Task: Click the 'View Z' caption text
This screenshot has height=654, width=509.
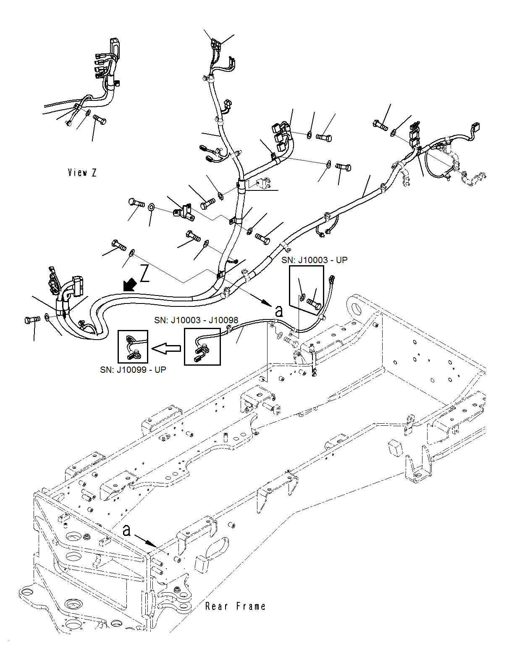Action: click(x=82, y=172)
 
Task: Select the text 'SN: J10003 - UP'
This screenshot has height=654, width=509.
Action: click(x=314, y=260)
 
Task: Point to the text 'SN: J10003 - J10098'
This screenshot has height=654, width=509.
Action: click(x=196, y=320)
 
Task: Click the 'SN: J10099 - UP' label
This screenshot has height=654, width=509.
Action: click(x=133, y=369)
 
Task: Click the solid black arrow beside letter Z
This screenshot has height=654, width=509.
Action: click(x=130, y=285)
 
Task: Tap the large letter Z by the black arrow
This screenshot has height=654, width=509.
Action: click(x=144, y=273)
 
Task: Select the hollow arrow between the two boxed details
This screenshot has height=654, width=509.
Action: click(x=166, y=348)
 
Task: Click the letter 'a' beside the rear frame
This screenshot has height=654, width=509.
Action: click(x=127, y=530)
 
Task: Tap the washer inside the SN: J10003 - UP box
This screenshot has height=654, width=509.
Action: click(x=302, y=298)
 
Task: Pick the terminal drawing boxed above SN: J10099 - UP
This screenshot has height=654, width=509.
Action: click(x=133, y=347)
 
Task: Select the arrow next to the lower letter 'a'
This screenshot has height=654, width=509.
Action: click(x=145, y=541)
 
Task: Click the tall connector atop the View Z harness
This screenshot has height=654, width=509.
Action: click(x=114, y=46)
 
